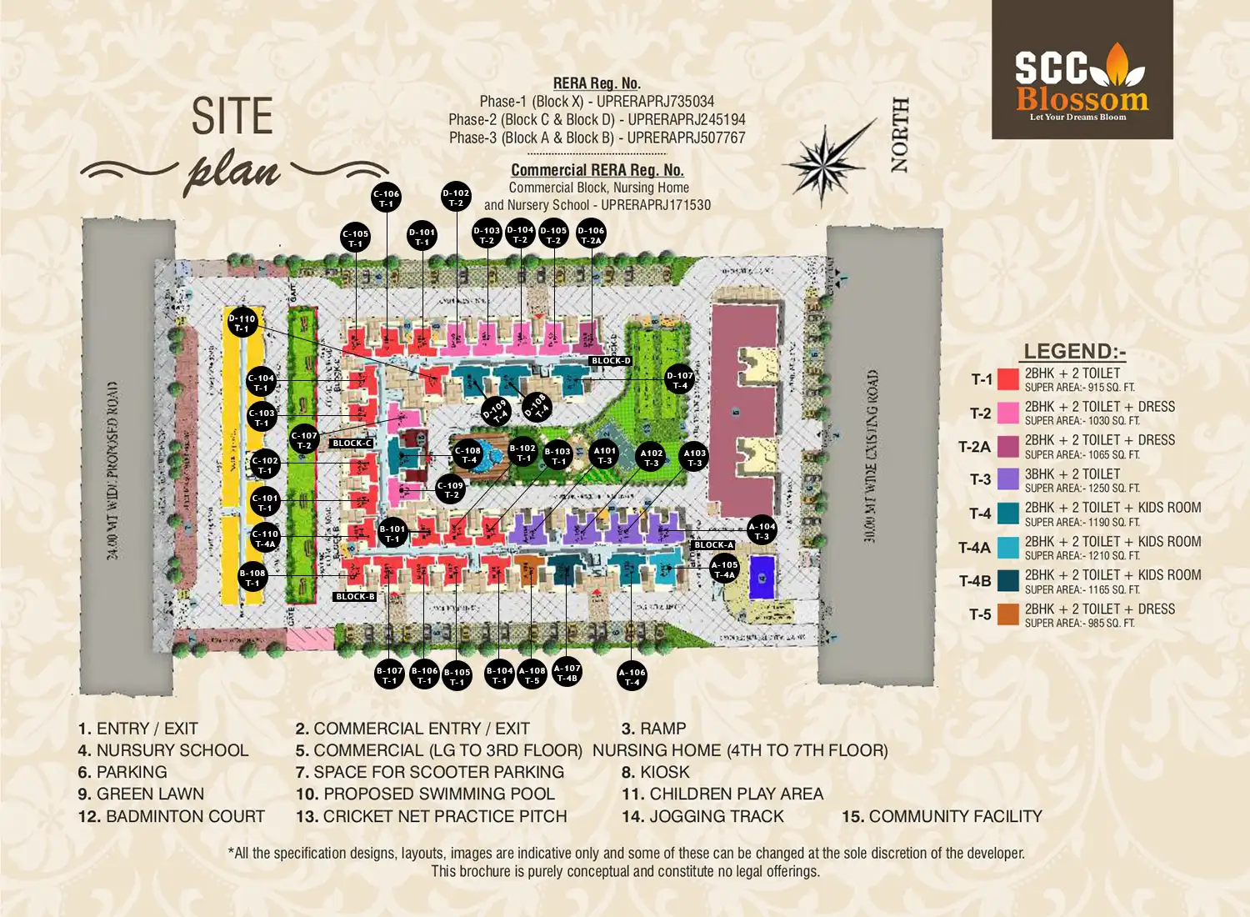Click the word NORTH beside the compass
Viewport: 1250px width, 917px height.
[x=900, y=135]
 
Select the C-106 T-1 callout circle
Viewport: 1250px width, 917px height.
[x=387, y=198]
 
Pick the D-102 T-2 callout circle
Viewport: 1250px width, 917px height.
[x=456, y=198]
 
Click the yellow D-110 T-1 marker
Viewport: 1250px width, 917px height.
[x=242, y=323]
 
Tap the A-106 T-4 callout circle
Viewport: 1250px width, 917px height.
[x=632, y=676]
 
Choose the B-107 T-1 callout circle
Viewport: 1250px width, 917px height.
[x=389, y=674]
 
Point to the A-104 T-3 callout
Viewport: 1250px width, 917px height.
[x=762, y=531]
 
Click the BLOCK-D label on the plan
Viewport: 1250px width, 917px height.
[x=611, y=361]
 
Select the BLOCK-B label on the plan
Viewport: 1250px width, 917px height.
[x=355, y=597]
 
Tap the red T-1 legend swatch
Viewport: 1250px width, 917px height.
[x=1008, y=379]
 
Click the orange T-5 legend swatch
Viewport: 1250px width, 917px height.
[x=1008, y=614]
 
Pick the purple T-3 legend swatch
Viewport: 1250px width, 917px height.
[x=1008, y=479]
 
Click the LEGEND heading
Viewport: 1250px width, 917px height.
[x=1074, y=352]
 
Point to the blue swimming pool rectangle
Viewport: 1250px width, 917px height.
[x=762, y=577]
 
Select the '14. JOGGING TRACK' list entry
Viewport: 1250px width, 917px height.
[x=702, y=817]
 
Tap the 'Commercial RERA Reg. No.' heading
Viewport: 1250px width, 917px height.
[x=597, y=170]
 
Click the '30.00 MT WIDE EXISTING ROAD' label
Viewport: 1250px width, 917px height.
[x=871, y=457]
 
